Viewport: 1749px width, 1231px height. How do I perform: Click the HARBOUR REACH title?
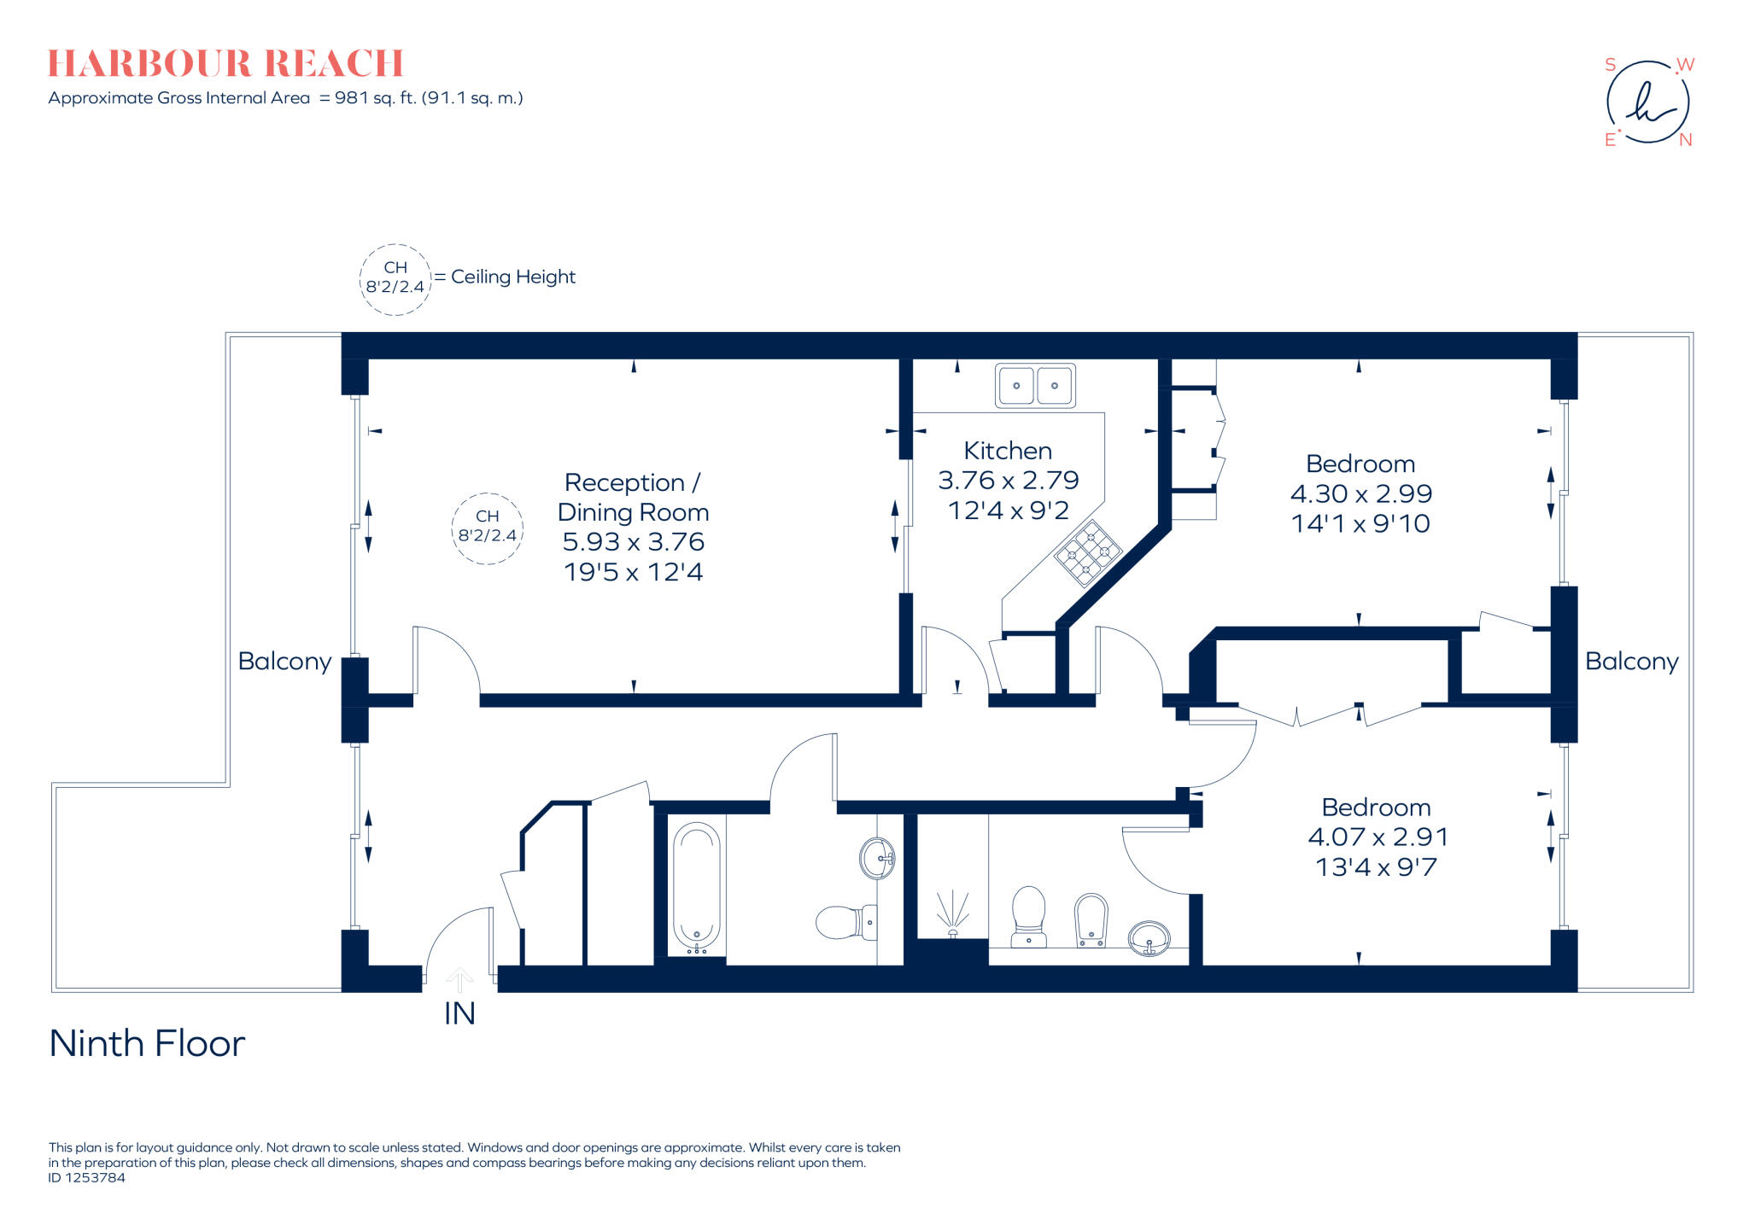[x=225, y=64]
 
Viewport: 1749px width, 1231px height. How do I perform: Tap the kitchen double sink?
[x=1035, y=386]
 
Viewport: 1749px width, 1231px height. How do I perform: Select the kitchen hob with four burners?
[x=1088, y=553]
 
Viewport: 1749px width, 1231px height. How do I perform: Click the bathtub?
[x=697, y=888]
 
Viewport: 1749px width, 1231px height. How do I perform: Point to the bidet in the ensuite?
[x=1091, y=920]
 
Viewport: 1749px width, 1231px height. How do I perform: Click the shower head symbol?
[x=952, y=912]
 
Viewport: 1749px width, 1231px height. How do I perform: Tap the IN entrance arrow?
[x=459, y=979]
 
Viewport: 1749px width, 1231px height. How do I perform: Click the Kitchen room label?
[x=1008, y=451]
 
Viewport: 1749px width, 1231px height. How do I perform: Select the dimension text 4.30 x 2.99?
[x=1360, y=493]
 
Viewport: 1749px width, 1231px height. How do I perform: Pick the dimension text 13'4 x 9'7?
[x=1376, y=867]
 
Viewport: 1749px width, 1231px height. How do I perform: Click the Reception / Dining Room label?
[x=633, y=497]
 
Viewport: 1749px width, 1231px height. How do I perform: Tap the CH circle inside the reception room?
[x=487, y=528]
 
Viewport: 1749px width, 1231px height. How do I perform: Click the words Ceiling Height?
[x=512, y=277]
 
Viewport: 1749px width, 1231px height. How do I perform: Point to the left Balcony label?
[x=284, y=662]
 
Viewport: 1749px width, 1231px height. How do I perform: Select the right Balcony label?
[x=1631, y=662]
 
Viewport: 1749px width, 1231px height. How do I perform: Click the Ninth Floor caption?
[x=147, y=1043]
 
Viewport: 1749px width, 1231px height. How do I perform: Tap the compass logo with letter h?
[x=1647, y=102]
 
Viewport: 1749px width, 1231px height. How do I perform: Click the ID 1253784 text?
[x=86, y=1177]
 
